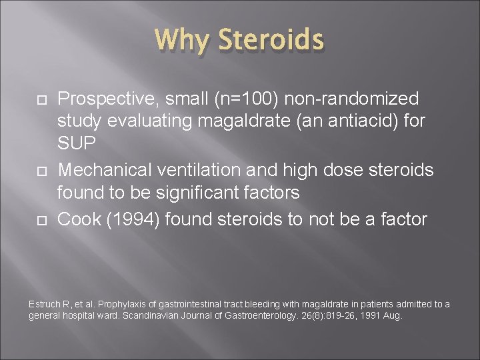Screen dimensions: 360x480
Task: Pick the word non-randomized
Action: pos(353,99)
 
